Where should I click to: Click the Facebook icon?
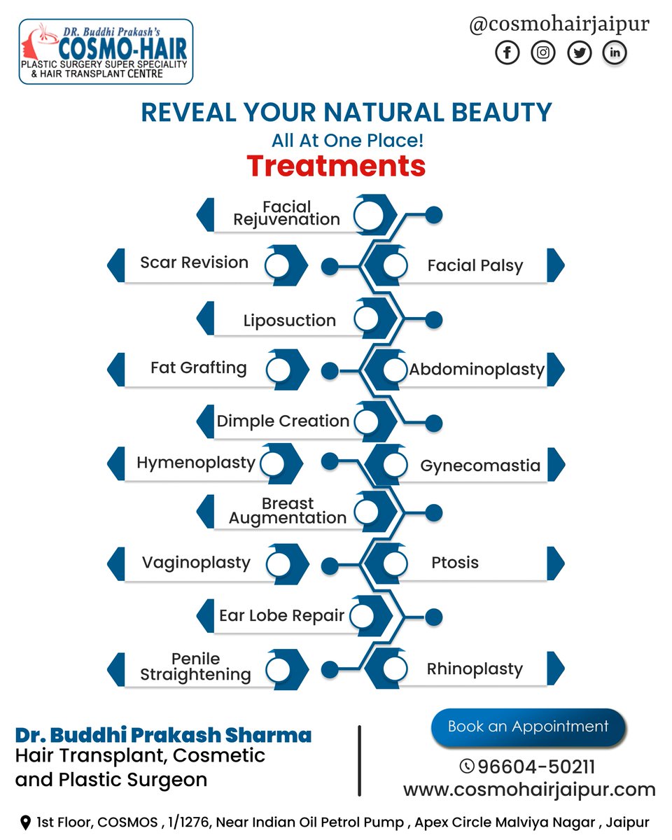[507, 52]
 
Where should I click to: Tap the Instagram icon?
[542, 52]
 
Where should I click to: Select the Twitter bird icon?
[579, 52]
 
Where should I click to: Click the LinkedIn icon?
[615, 52]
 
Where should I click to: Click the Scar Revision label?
[194, 262]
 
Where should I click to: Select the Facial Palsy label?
[475, 266]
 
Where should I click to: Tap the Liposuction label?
[289, 321]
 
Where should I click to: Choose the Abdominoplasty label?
[477, 369]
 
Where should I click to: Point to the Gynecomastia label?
[480, 465]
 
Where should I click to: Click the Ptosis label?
[455, 563]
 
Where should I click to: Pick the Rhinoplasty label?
[475, 669]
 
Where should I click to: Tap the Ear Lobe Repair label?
[281, 616]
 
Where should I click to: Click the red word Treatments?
[336, 167]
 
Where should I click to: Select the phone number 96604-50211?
[536, 766]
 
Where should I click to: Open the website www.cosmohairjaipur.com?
[529, 790]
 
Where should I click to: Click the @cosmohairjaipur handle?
[559, 24]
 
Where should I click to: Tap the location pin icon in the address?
[26, 822]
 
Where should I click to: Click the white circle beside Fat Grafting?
[278, 369]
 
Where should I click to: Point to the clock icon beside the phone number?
[467, 766]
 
